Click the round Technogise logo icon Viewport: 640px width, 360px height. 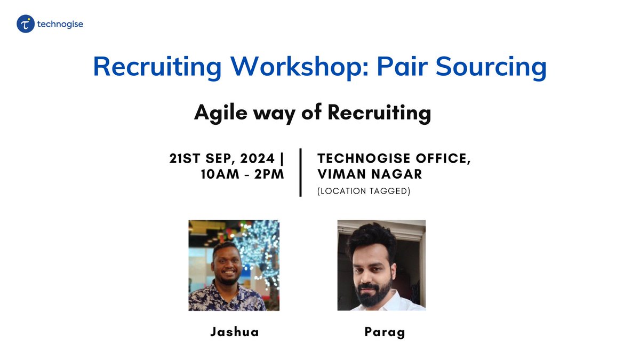(26, 24)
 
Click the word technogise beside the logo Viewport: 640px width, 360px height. (60, 24)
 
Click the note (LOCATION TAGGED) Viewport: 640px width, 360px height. (364, 191)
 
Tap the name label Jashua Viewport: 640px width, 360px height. (234, 332)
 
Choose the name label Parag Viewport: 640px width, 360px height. (385, 332)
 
